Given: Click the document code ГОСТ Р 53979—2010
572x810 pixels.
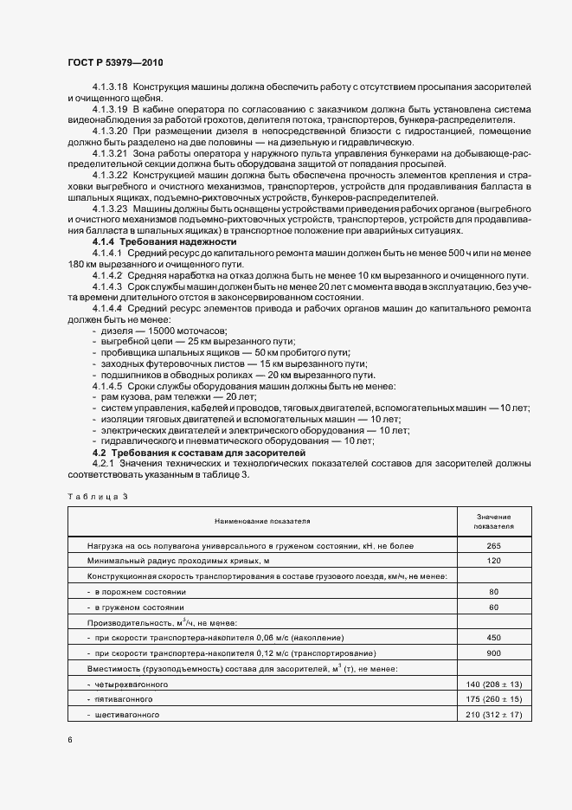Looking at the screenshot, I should pos(114,63).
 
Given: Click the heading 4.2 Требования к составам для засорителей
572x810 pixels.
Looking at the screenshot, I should pos(198,453).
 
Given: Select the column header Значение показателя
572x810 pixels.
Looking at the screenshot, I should pos(493,521).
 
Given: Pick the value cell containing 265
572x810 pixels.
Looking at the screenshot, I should pos(493,547).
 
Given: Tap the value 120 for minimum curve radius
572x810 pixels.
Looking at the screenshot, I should pos(493,561).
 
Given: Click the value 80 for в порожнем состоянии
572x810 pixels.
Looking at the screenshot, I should pos(493,591).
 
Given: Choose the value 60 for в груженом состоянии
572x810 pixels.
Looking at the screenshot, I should pos(493,607).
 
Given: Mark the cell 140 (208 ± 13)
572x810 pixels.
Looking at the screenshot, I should pos(493,684).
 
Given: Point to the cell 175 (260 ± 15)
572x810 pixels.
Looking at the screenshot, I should pos(493,698).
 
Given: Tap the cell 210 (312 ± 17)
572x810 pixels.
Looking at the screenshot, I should pos(493,714).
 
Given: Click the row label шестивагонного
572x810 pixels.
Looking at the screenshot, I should pos(125,715).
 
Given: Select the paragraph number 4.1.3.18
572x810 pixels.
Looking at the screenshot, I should pos(110,87).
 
